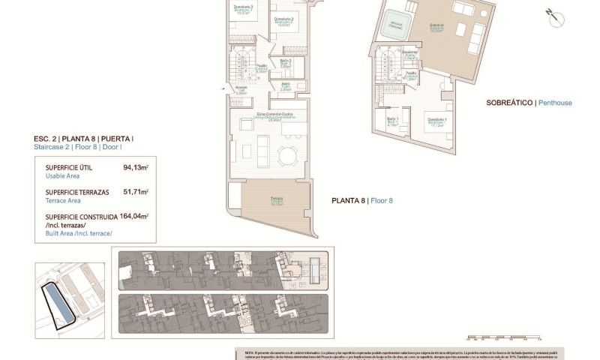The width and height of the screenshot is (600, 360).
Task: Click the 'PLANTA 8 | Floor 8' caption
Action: [362, 200]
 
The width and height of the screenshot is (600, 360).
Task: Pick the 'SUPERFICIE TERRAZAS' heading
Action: [77, 192]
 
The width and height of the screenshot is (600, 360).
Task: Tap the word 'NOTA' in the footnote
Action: [250, 352]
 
